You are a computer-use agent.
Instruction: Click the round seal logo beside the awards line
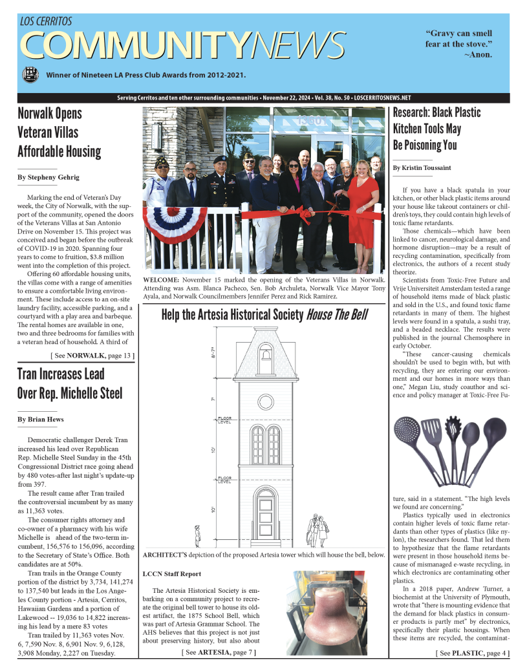pos(30,75)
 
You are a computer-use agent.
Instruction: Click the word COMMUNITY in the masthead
pos(134,45)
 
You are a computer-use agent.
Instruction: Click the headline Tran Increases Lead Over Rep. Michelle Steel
pos(69,383)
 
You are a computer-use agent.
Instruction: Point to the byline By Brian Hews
pos(41,420)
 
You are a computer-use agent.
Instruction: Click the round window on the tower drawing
pos(265,402)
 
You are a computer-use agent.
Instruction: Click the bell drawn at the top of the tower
pos(265,354)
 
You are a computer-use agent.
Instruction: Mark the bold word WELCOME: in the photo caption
pos(162,279)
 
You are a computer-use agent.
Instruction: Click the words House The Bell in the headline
pos(337,315)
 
